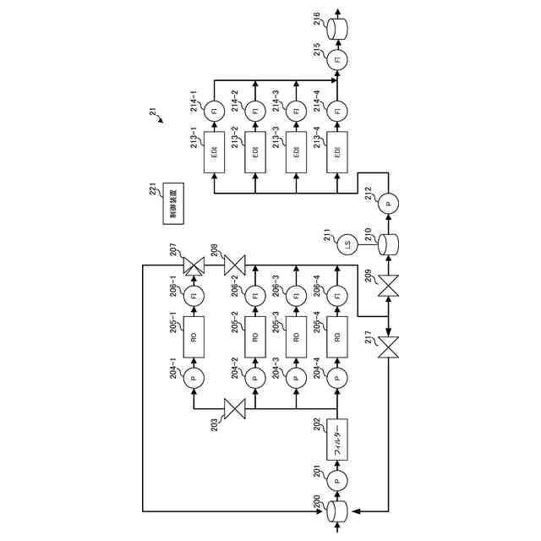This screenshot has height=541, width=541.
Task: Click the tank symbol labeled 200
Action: [x=337, y=511]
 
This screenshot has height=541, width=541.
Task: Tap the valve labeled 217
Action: [x=388, y=346]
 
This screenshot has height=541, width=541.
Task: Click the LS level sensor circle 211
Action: [x=347, y=246]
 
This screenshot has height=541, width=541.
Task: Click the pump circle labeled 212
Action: [x=388, y=204]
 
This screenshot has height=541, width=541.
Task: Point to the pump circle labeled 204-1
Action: [x=194, y=375]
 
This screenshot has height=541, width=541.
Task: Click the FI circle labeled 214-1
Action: [x=214, y=111]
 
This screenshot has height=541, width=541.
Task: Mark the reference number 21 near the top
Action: [x=152, y=110]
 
